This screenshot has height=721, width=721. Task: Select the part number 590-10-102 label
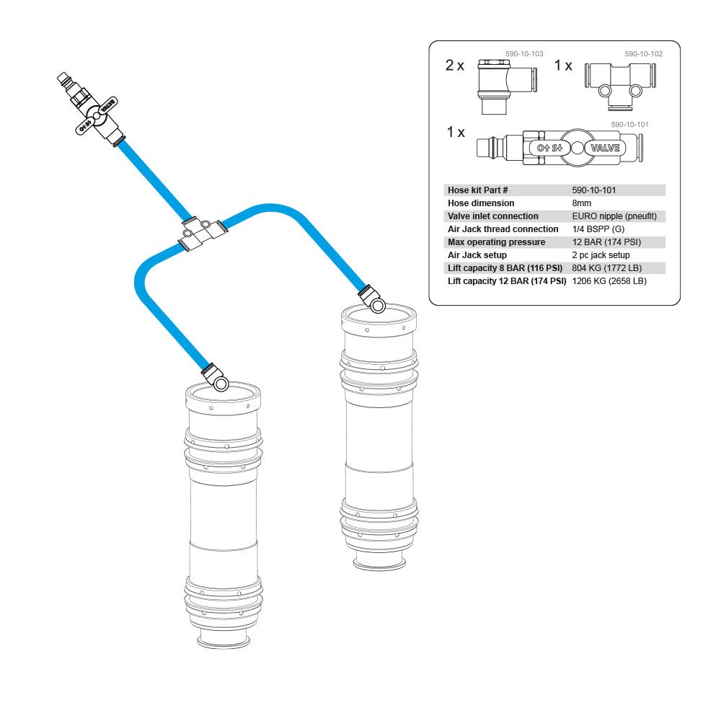click(x=643, y=53)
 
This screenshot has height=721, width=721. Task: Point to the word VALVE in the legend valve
click(x=605, y=148)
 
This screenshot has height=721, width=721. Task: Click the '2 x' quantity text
click(x=455, y=66)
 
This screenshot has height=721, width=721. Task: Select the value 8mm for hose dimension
click(x=581, y=203)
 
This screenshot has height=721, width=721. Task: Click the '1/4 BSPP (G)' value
click(x=598, y=229)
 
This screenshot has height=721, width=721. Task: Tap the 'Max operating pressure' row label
click(x=496, y=242)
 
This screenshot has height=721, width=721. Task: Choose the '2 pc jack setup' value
click(x=601, y=255)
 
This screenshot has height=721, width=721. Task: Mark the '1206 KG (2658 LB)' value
click(x=609, y=281)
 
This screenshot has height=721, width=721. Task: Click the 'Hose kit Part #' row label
click(x=478, y=190)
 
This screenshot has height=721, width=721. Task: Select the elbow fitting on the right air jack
click(x=374, y=298)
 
